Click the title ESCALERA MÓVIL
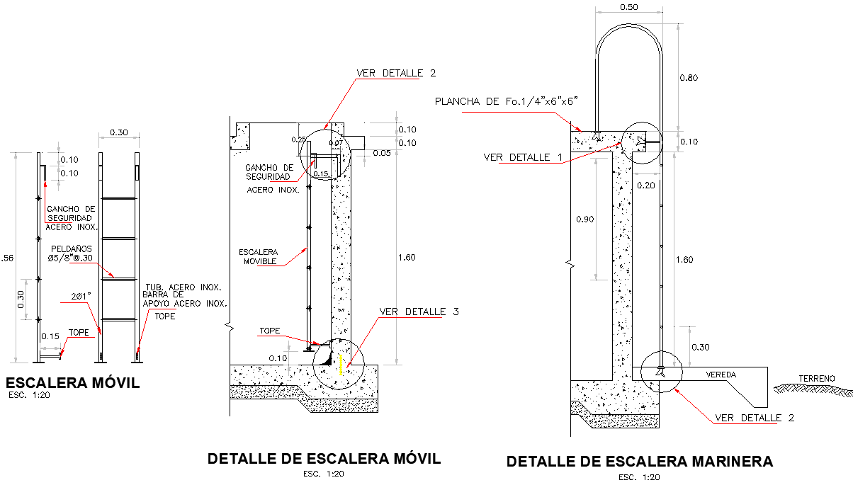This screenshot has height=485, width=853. (72, 384)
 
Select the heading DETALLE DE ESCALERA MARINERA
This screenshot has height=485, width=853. (639, 462)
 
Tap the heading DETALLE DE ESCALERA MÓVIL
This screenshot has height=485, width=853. (324, 459)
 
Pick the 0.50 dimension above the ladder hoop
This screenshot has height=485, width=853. (628, 7)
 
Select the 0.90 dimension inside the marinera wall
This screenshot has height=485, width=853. (585, 219)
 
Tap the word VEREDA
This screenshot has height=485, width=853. (721, 374)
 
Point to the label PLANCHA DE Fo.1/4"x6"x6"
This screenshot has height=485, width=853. (507, 102)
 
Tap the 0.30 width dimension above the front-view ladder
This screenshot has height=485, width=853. (118, 132)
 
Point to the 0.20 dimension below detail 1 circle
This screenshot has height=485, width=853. (645, 186)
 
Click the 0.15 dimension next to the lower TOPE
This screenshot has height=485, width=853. (50, 336)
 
